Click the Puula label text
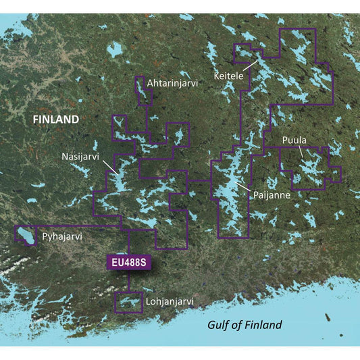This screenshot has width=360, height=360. pyautogui.click(x=294, y=140)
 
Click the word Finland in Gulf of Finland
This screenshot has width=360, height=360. pyautogui.click(x=264, y=325)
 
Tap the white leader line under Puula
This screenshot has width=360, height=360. pyautogui.click(x=302, y=151)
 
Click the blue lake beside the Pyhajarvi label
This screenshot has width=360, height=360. pyautogui.click(x=25, y=235)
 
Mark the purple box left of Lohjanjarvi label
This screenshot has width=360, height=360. pyautogui.click(x=128, y=303)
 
